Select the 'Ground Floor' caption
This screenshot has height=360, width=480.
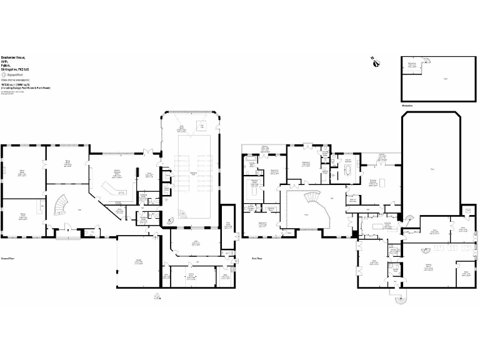(8, 257)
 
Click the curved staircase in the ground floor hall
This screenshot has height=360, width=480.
(61, 204)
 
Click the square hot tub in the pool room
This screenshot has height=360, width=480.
(202, 127)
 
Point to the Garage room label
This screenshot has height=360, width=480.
(138, 261)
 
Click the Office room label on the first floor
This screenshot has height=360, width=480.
(372, 263)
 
